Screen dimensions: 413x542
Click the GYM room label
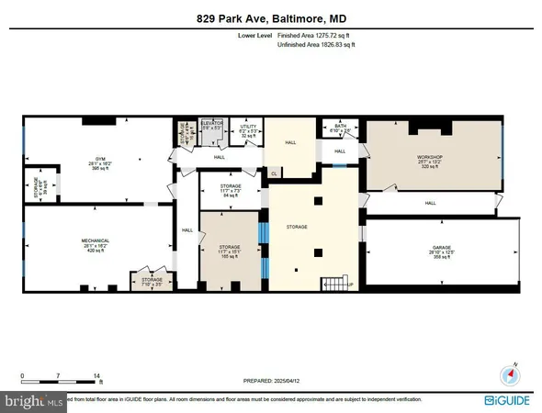(x=83, y=158)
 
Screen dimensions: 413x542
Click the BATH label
(x=339, y=128)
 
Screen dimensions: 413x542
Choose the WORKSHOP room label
(x=430, y=158)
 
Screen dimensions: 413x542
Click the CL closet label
(x=275, y=172)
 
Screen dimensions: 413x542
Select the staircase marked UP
(x=334, y=283)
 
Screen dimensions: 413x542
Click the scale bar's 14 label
(x=97, y=375)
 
